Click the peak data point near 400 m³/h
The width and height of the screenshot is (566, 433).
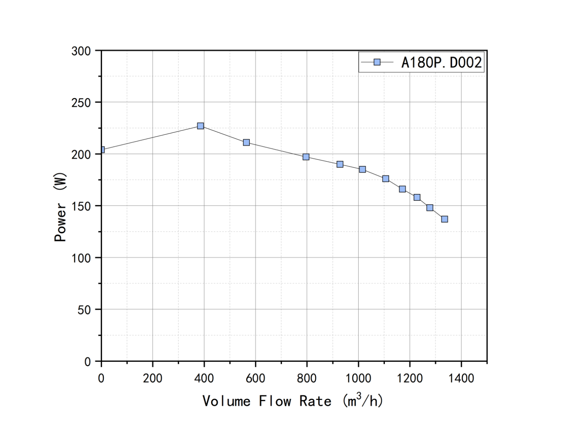(x=201, y=126)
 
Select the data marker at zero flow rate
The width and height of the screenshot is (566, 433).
(x=102, y=150)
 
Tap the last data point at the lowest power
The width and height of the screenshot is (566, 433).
(x=445, y=219)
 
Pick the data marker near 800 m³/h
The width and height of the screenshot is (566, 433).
(x=306, y=157)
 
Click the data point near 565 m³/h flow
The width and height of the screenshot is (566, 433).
(x=246, y=142)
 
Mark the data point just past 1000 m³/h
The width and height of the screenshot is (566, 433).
(x=362, y=169)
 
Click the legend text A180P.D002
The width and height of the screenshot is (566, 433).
(x=442, y=62)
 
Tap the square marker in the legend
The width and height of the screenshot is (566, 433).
(x=377, y=62)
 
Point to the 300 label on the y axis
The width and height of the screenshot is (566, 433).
(x=81, y=51)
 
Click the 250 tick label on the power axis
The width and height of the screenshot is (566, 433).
(x=81, y=103)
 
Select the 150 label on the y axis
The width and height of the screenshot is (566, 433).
(x=81, y=206)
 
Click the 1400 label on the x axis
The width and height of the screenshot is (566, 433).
(x=461, y=378)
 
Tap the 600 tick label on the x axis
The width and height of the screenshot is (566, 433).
(x=255, y=378)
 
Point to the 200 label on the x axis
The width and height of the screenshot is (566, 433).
(x=153, y=378)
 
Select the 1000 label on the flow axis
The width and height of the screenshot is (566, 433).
(x=358, y=378)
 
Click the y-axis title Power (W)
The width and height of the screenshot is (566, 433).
(x=60, y=207)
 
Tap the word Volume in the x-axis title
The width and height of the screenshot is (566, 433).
(x=226, y=401)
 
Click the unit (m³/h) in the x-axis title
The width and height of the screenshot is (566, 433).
(x=362, y=401)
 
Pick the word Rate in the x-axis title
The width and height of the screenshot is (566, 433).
(x=315, y=401)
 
